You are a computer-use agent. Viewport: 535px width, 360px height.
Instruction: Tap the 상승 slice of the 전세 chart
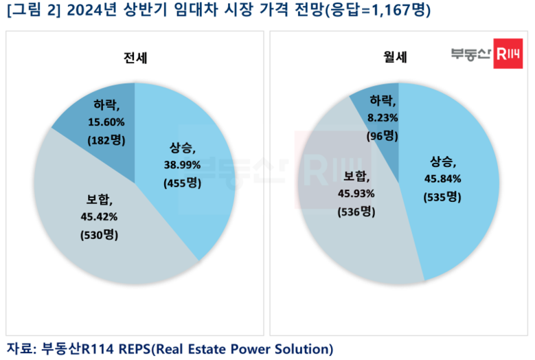[x=184, y=170]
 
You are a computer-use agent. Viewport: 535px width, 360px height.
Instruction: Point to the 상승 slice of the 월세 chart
[x=447, y=181]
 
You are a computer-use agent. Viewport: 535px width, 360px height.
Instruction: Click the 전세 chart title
[x=135, y=58]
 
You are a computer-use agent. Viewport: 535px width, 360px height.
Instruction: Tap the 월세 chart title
[x=395, y=56]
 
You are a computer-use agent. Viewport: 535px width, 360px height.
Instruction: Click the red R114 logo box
[x=508, y=54]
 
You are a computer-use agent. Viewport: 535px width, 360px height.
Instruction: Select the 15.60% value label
[x=106, y=122]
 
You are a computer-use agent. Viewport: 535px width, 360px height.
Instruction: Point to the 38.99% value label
[x=182, y=165]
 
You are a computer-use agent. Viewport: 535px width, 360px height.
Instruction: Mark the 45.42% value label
[x=99, y=216]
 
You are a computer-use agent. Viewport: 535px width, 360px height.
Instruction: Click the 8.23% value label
[x=383, y=118]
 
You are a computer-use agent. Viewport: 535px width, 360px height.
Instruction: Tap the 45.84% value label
[x=442, y=179]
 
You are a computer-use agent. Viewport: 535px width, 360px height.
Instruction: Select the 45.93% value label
[x=356, y=194]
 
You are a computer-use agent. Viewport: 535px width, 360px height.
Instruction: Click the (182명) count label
[x=106, y=140]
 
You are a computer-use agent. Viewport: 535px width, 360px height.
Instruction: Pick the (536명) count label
[x=356, y=212]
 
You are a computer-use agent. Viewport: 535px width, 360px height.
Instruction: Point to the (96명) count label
[x=383, y=136]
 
